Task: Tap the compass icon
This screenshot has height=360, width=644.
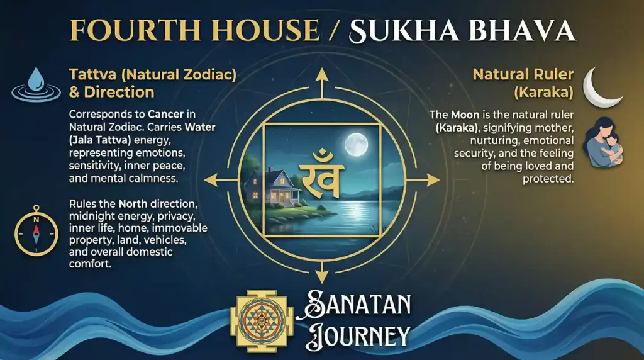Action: click(35, 231)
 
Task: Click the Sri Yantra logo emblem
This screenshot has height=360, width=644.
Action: click(258, 320)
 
